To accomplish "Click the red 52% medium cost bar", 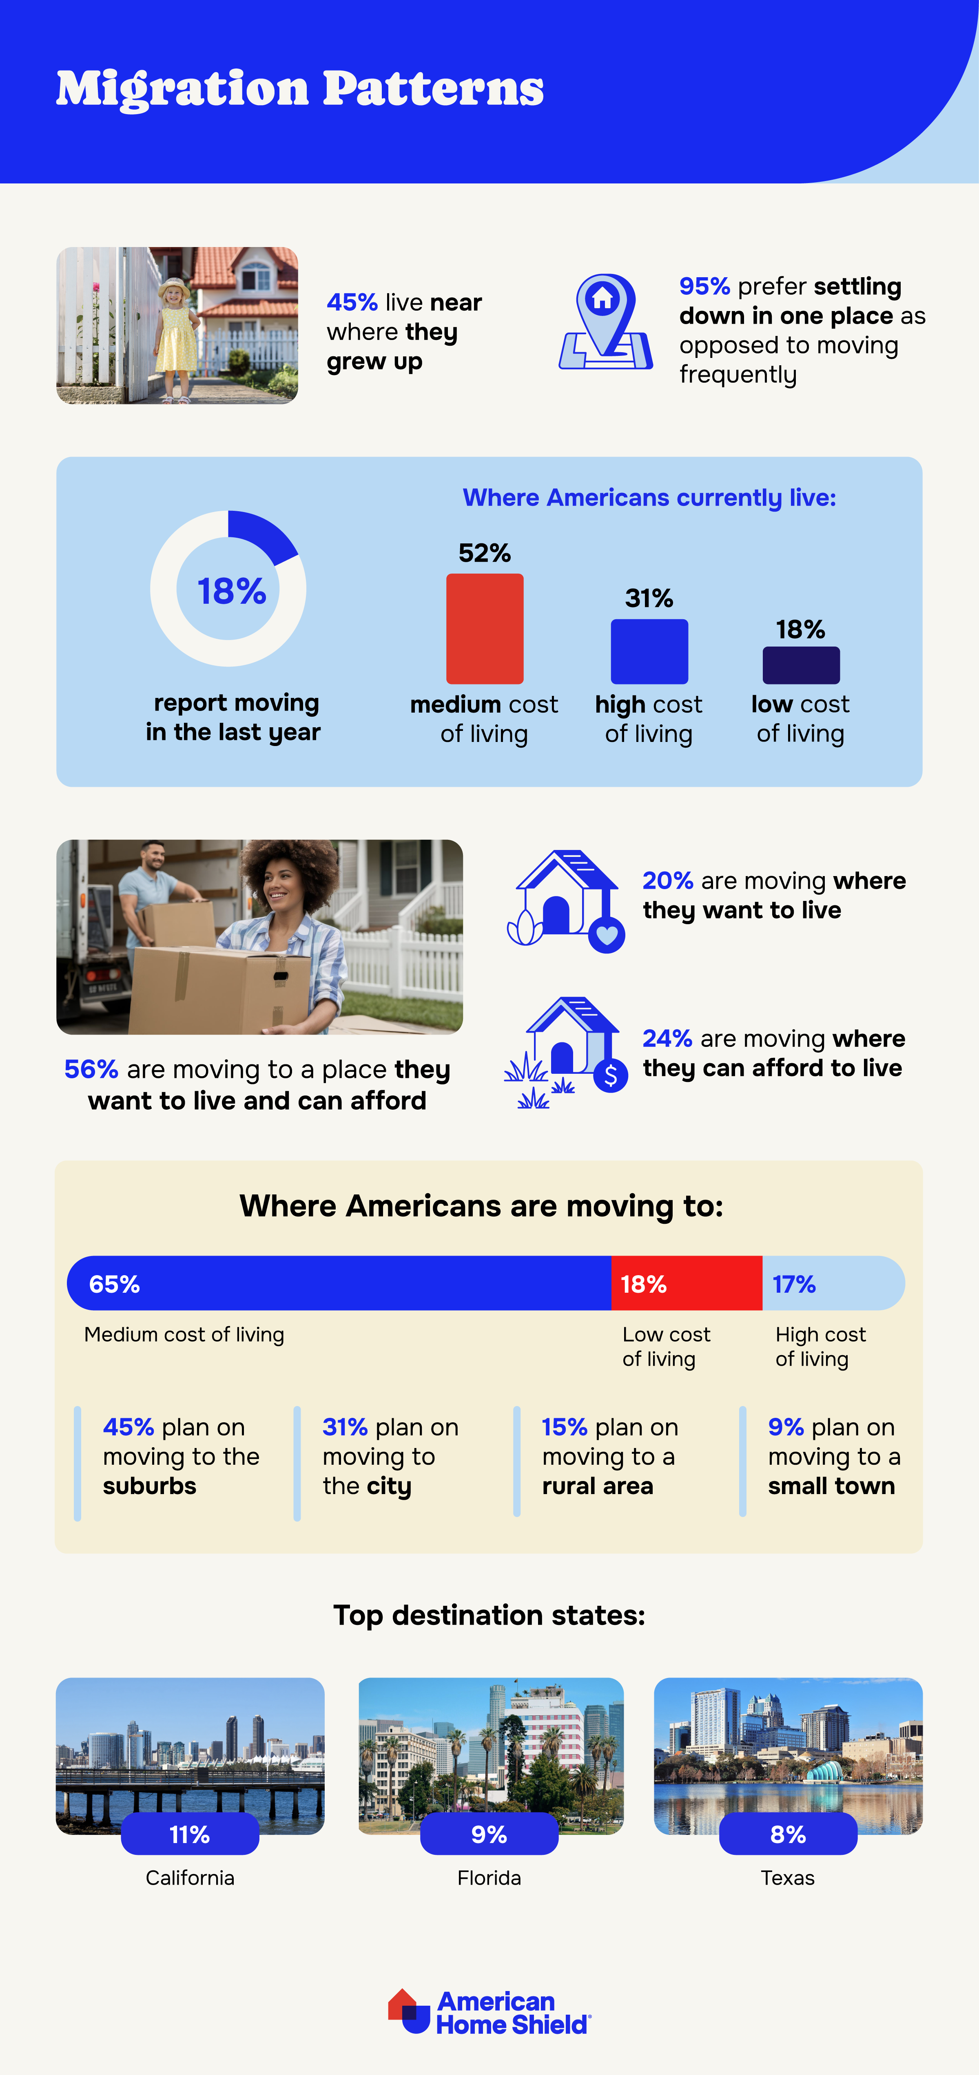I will click(484, 628).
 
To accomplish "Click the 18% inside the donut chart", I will click(231, 591).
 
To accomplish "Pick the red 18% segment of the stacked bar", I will click(687, 1283).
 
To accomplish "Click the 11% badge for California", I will click(189, 1834).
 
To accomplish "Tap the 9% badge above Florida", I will click(489, 1834).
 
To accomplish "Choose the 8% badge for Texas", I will click(788, 1834).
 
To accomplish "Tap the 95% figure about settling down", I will click(704, 287).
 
